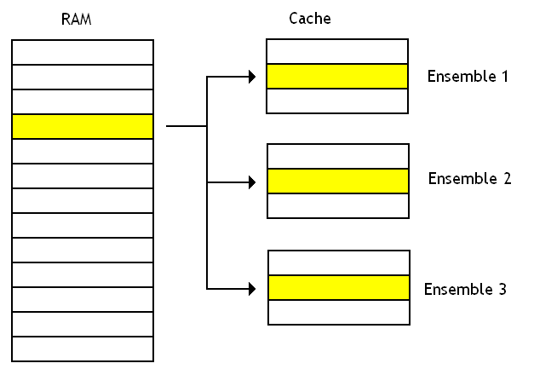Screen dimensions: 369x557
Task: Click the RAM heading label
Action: pos(76,20)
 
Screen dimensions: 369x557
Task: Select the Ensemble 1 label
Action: pos(468,77)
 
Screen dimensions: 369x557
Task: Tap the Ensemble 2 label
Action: pos(468,179)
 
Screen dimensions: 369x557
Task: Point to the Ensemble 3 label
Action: pos(465,290)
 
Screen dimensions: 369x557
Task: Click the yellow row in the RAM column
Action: pos(83,126)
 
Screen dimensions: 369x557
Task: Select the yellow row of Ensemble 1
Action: pos(337,77)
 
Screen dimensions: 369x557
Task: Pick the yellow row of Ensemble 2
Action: pos(338,182)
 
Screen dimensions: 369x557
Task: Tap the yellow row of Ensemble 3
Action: pos(339,287)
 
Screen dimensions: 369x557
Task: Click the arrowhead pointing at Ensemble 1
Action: pos(251,77)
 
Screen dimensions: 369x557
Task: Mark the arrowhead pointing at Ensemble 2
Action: pos(251,182)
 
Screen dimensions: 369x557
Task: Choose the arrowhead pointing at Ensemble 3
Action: pos(251,288)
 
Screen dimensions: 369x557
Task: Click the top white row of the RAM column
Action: pos(83,52)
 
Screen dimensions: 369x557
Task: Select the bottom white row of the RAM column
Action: pos(83,349)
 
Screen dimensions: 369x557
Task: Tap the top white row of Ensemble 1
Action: pos(337,52)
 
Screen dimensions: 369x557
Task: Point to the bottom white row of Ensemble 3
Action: pos(339,312)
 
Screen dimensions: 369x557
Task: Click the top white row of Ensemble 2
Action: pos(338,157)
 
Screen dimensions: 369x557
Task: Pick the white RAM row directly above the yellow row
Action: pos(83,101)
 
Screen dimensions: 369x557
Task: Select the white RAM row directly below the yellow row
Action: pos(83,151)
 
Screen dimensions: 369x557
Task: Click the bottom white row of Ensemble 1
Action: pos(337,101)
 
